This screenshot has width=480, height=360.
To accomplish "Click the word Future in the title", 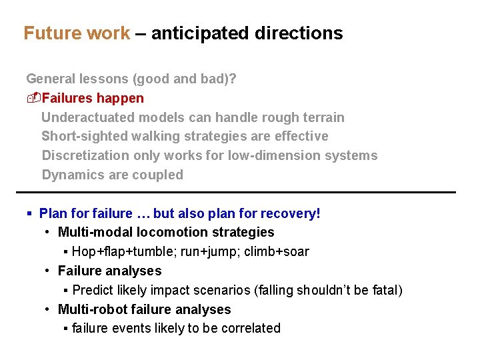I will (x=50, y=33).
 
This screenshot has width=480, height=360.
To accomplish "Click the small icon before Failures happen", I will (x=33, y=98).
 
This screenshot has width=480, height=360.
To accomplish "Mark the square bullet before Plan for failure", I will (x=29, y=214).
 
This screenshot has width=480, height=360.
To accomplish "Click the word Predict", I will (x=92, y=290).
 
